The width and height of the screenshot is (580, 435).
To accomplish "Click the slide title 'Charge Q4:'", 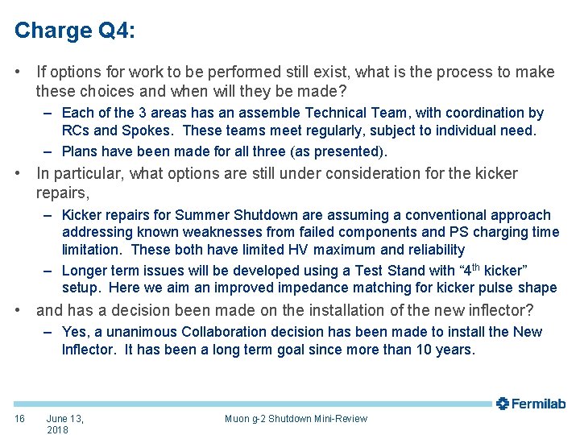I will [x=74, y=31].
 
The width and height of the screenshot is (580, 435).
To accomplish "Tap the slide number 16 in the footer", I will [x=20, y=418].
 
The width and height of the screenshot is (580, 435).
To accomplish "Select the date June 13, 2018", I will [x=64, y=424].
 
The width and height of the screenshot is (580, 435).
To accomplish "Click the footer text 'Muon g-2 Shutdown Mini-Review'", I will [x=296, y=418].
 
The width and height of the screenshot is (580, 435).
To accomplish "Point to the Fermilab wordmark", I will [x=539, y=404].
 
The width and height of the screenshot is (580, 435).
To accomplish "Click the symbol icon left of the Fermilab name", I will [x=503, y=404].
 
